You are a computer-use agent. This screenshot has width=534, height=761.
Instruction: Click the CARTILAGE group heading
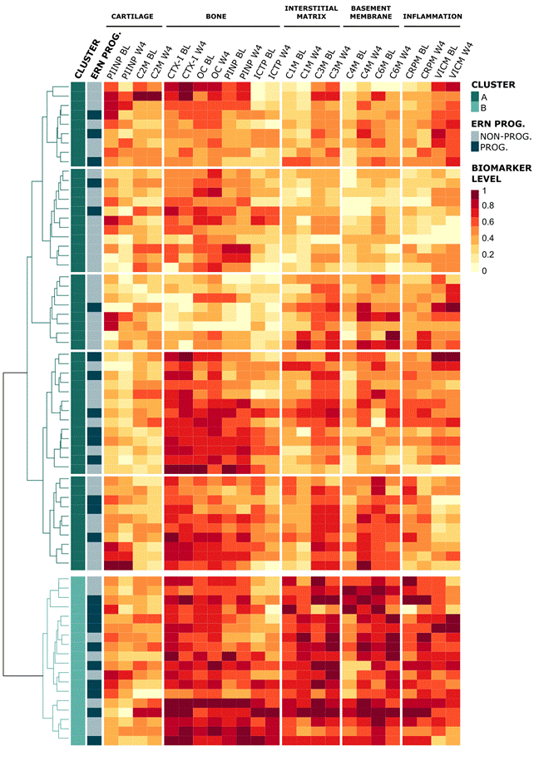coord(133,17)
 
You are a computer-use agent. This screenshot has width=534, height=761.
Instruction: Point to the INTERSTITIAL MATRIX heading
coord(311,12)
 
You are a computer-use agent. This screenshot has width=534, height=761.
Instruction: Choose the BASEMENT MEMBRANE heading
coord(372,12)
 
